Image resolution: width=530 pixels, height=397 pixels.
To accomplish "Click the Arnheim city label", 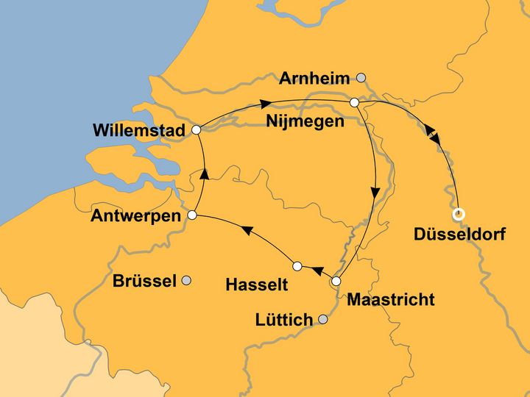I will coord(315,78).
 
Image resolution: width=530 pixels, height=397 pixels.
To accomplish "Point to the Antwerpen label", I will coord(136,216).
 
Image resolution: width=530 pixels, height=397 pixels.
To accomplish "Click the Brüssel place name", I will coord(144,281).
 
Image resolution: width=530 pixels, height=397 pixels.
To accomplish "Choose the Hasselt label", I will coord(257,282).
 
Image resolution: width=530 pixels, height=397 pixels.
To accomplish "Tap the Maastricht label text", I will coord(390,300).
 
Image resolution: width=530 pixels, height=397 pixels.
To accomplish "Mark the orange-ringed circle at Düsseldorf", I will coord(459,215).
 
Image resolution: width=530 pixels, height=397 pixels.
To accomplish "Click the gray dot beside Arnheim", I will coord(361,77).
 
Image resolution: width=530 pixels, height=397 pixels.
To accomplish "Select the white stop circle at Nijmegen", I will coord(354,103).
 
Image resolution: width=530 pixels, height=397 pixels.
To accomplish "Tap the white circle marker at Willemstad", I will coord(196,129).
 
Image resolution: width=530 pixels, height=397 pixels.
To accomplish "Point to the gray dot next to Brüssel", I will coord(187,280).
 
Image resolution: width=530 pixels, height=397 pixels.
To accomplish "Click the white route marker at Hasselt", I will coord(297,265).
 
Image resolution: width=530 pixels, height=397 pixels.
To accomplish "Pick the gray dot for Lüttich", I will coord(322,319).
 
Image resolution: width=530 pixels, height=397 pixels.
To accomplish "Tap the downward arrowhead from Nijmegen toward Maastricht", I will coord(375,193).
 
